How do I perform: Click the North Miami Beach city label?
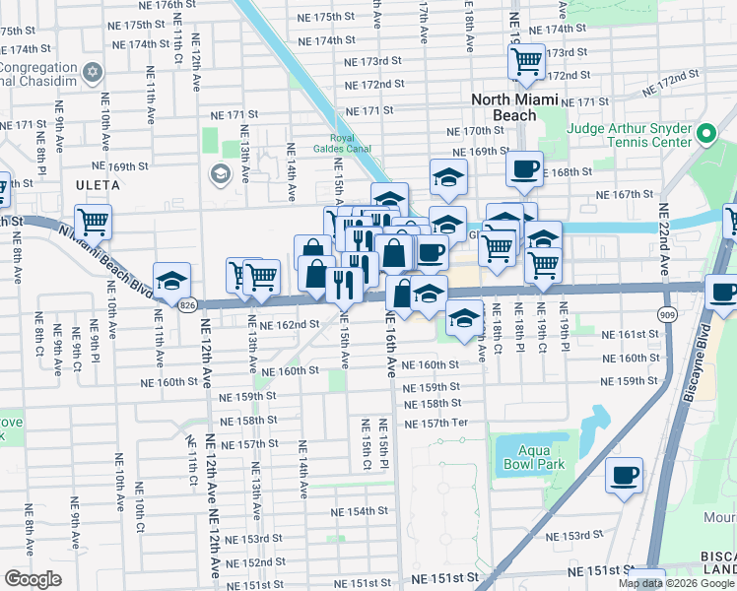(514, 107)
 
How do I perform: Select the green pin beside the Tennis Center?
(705, 133)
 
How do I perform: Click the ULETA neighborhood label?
(97, 185)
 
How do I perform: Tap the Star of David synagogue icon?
(94, 72)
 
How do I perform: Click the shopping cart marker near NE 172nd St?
(527, 61)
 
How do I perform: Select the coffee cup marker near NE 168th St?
(525, 166)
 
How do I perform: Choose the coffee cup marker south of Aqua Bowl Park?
(625, 476)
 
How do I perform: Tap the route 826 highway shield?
(187, 306)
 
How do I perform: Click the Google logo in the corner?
(33, 579)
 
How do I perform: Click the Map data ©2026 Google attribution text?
(677, 583)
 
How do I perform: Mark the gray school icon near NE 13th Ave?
(219, 175)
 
